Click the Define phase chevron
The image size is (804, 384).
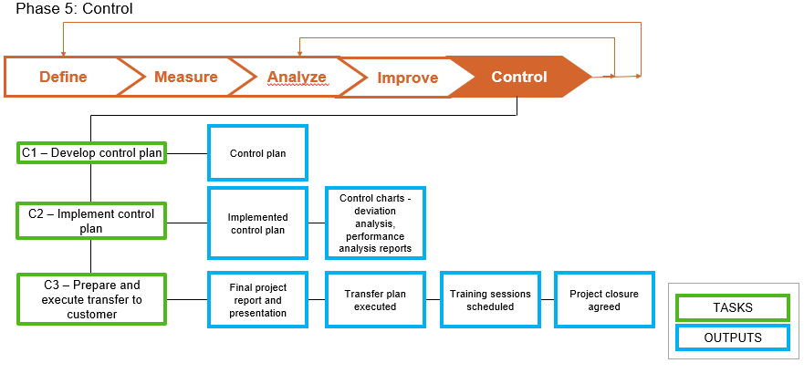coord(62,77)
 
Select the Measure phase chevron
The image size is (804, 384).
coord(185,77)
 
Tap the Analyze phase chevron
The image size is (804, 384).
coord(297,77)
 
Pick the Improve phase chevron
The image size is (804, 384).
coord(407,78)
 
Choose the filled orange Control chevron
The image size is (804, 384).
coord(519,77)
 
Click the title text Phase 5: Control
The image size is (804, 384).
coord(74,9)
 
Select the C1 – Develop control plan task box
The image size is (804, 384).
coord(91,153)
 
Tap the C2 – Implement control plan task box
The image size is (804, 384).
coord(91,221)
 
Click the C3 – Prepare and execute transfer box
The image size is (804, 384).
coord(91,298)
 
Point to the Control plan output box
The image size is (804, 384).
coord(257,153)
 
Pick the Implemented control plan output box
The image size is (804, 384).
coord(257,223)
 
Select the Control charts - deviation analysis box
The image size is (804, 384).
coord(375,223)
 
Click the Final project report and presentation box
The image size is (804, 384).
coord(257,300)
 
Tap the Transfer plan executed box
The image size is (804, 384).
coord(375,300)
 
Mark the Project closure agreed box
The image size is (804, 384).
coord(604,300)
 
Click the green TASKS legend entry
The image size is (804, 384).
coord(733,308)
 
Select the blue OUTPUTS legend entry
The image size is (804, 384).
coord(733,337)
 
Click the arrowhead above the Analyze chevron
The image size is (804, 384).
coord(300,53)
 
